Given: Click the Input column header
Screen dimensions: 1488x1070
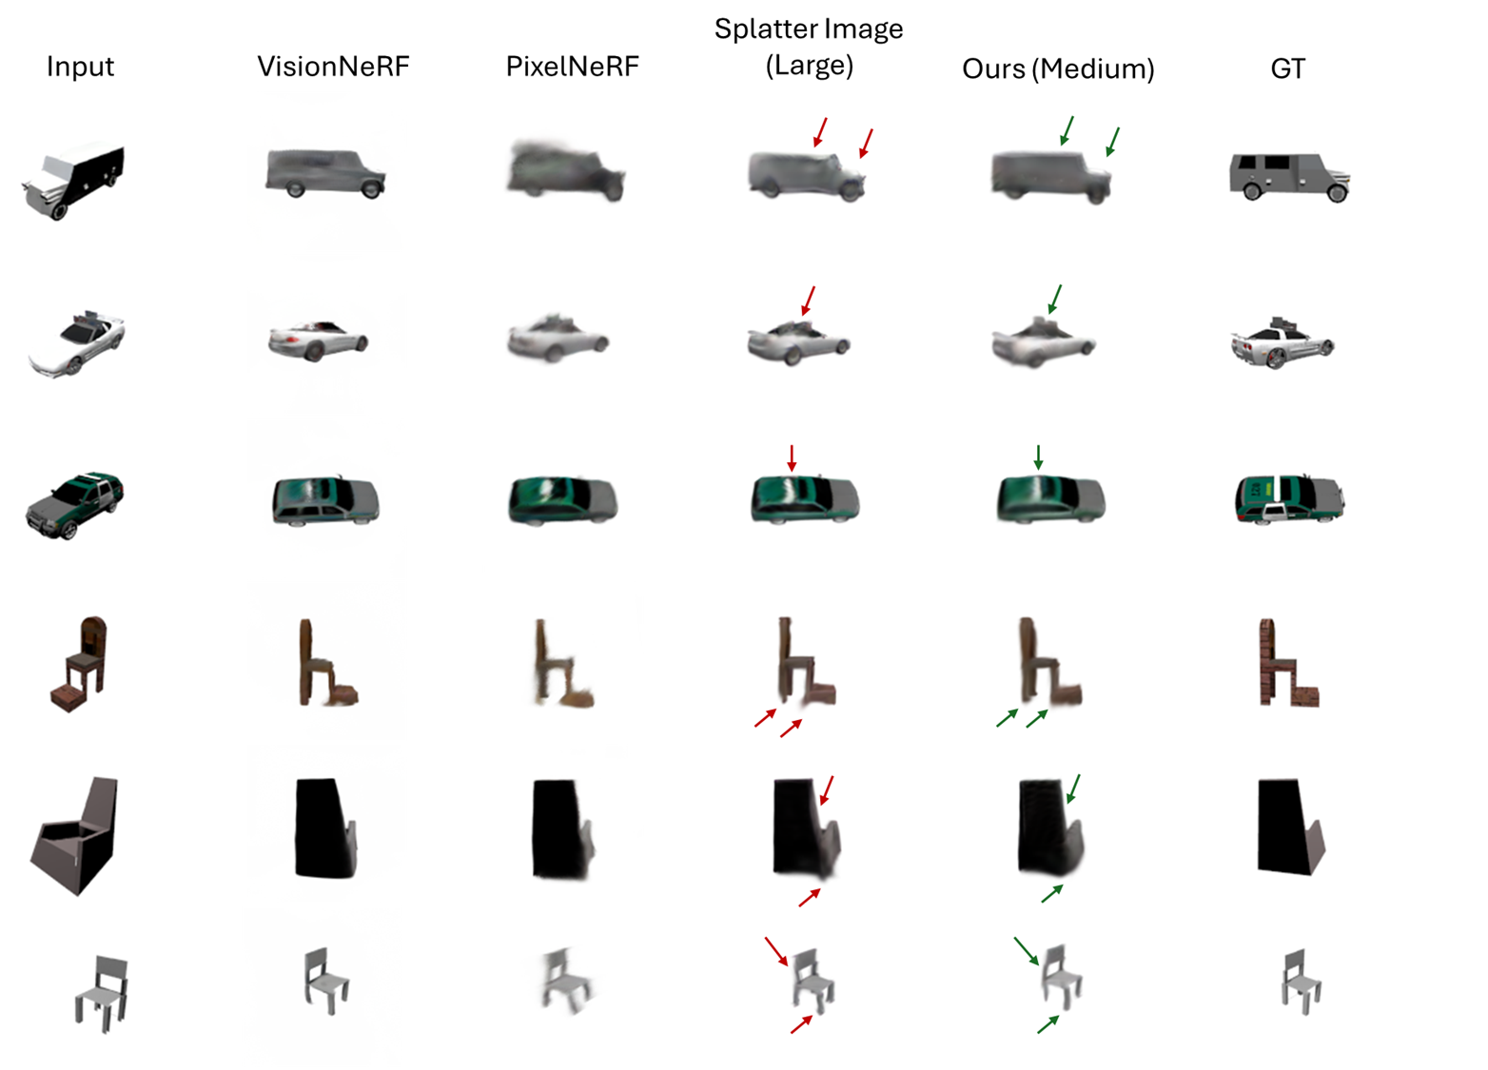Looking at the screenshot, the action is pyautogui.click(x=80, y=68).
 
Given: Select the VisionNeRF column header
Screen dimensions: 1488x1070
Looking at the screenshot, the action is pyautogui.click(x=333, y=67).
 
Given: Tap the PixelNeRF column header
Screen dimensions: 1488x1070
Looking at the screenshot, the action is pyautogui.click(x=572, y=67).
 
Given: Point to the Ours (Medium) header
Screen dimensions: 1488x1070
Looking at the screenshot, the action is pyautogui.click(x=1058, y=69).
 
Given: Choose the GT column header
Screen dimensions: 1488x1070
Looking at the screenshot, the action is pyautogui.click(x=1287, y=68).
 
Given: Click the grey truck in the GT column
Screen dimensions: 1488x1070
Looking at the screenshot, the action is pyautogui.click(x=1289, y=177).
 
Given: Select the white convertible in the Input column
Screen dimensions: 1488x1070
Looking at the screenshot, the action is pyautogui.click(x=76, y=342).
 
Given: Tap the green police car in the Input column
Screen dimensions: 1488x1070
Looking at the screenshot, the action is pyautogui.click(x=74, y=505).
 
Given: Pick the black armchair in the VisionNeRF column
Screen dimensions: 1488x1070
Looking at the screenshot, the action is pyautogui.click(x=325, y=828).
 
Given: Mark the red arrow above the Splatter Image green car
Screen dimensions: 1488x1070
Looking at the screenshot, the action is pyautogui.click(x=792, y=458).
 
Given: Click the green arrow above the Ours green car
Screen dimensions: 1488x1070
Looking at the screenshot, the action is pyautogui.click(x=1038, y=457).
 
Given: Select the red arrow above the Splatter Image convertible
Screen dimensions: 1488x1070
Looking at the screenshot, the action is pyautogui.click(x=808, y=301).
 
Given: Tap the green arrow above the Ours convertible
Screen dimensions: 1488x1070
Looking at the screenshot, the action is pyautogui.click(x=1054, y=300).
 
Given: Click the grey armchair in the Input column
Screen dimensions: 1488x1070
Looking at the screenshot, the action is pyautogui.click(x=74, y=835).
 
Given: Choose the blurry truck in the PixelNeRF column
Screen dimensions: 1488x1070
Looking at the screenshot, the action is pyautogui.click(x=565, y=170).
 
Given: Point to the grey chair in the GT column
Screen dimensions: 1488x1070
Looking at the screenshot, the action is pyautogui.click(x=1301, y=982).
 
